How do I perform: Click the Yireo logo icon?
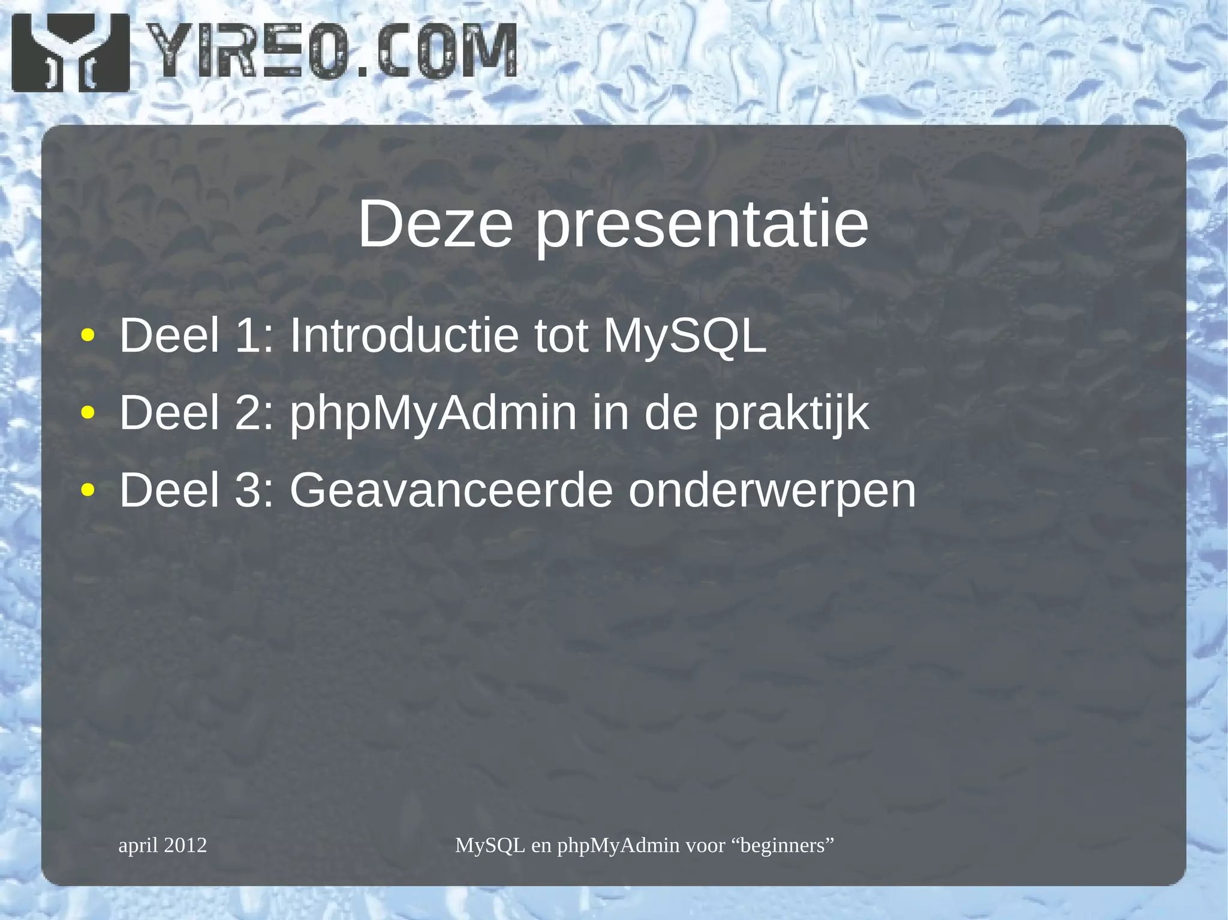[70, 53]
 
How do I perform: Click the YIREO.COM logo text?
[332, 52]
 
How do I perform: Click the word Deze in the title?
[435, 224]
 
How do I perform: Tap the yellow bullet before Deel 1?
[88, 336]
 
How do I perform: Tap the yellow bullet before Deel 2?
[88, 413]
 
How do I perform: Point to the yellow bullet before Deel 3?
[88, 490]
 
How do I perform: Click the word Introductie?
[404, 335]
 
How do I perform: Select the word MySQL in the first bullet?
[685, 336]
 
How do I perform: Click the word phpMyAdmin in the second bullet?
[433, 414]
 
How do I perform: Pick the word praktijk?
[791, 414]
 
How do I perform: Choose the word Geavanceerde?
[451, 490]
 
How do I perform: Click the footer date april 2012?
[162, 845]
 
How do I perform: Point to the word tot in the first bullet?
[561, 335]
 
